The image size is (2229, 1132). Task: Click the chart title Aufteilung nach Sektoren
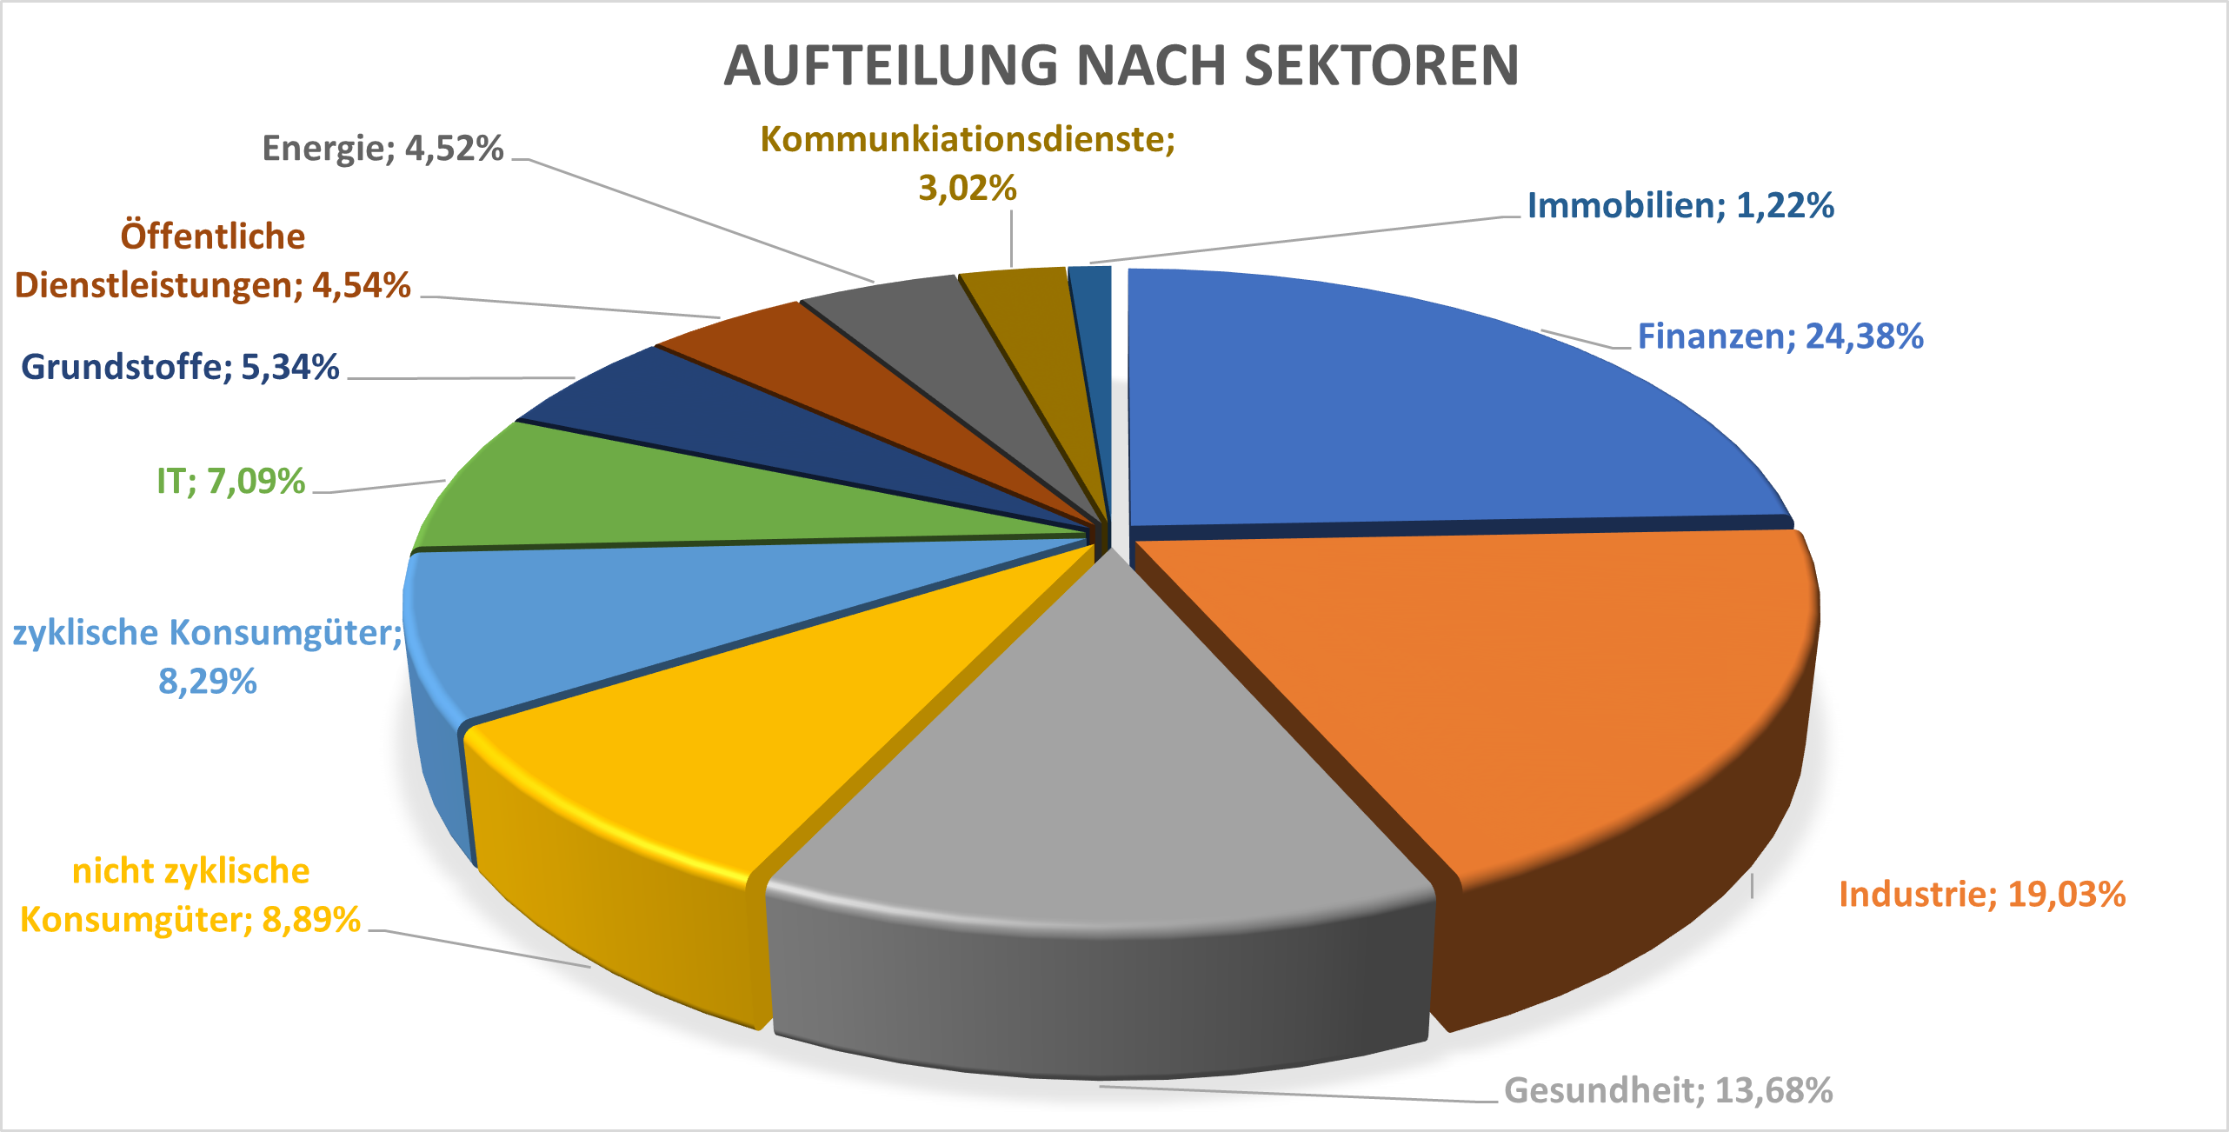(x=1121, y=65)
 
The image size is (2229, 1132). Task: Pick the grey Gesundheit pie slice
(x=1104, y=782)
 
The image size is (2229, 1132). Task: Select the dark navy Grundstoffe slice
(x=695, y=417)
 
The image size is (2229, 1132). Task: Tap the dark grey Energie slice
(x=939, y=339)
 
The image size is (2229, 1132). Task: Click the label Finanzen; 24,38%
(x=1780, y=336)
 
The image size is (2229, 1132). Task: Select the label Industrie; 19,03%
(x=1982, y=895)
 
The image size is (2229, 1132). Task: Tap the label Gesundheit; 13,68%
(x=1668, y=1090)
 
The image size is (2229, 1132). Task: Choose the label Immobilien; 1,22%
(x=1680, y=206)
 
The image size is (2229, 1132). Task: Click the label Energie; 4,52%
(x=383, y=149)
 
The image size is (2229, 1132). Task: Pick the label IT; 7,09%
(x=230, y=482)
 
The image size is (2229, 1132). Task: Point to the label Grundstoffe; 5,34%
(x=180, y=367)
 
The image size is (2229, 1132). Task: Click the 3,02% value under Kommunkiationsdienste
(x=968, y=189)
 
